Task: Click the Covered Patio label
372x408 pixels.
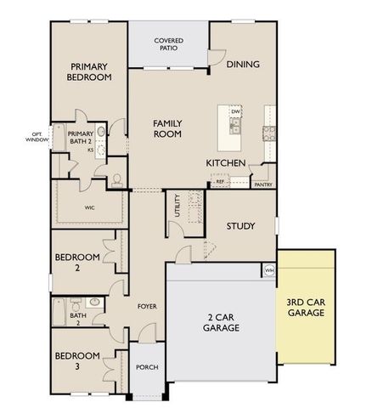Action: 169,44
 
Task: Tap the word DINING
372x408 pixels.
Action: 243,64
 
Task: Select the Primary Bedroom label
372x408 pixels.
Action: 90,71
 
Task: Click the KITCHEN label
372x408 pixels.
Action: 226,162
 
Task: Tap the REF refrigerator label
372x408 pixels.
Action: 219,182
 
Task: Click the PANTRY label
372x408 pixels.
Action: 263,184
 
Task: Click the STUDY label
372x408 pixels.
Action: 241,226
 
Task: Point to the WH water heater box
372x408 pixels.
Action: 269,270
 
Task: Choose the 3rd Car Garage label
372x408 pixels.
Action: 306,308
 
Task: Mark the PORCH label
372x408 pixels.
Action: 147,367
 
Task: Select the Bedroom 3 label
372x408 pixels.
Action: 77,361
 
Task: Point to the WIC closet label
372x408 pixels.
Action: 89,207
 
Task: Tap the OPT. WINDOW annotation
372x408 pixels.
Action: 37,137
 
